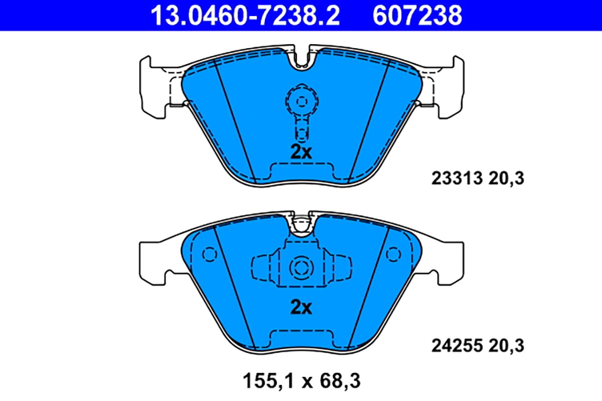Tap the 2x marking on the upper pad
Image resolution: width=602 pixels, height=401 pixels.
(301, 152)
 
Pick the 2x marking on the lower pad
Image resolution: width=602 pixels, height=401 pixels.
(301, 307)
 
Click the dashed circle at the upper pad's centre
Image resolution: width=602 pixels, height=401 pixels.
(301, 102)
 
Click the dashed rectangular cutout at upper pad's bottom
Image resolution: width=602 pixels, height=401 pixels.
(301, 170)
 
